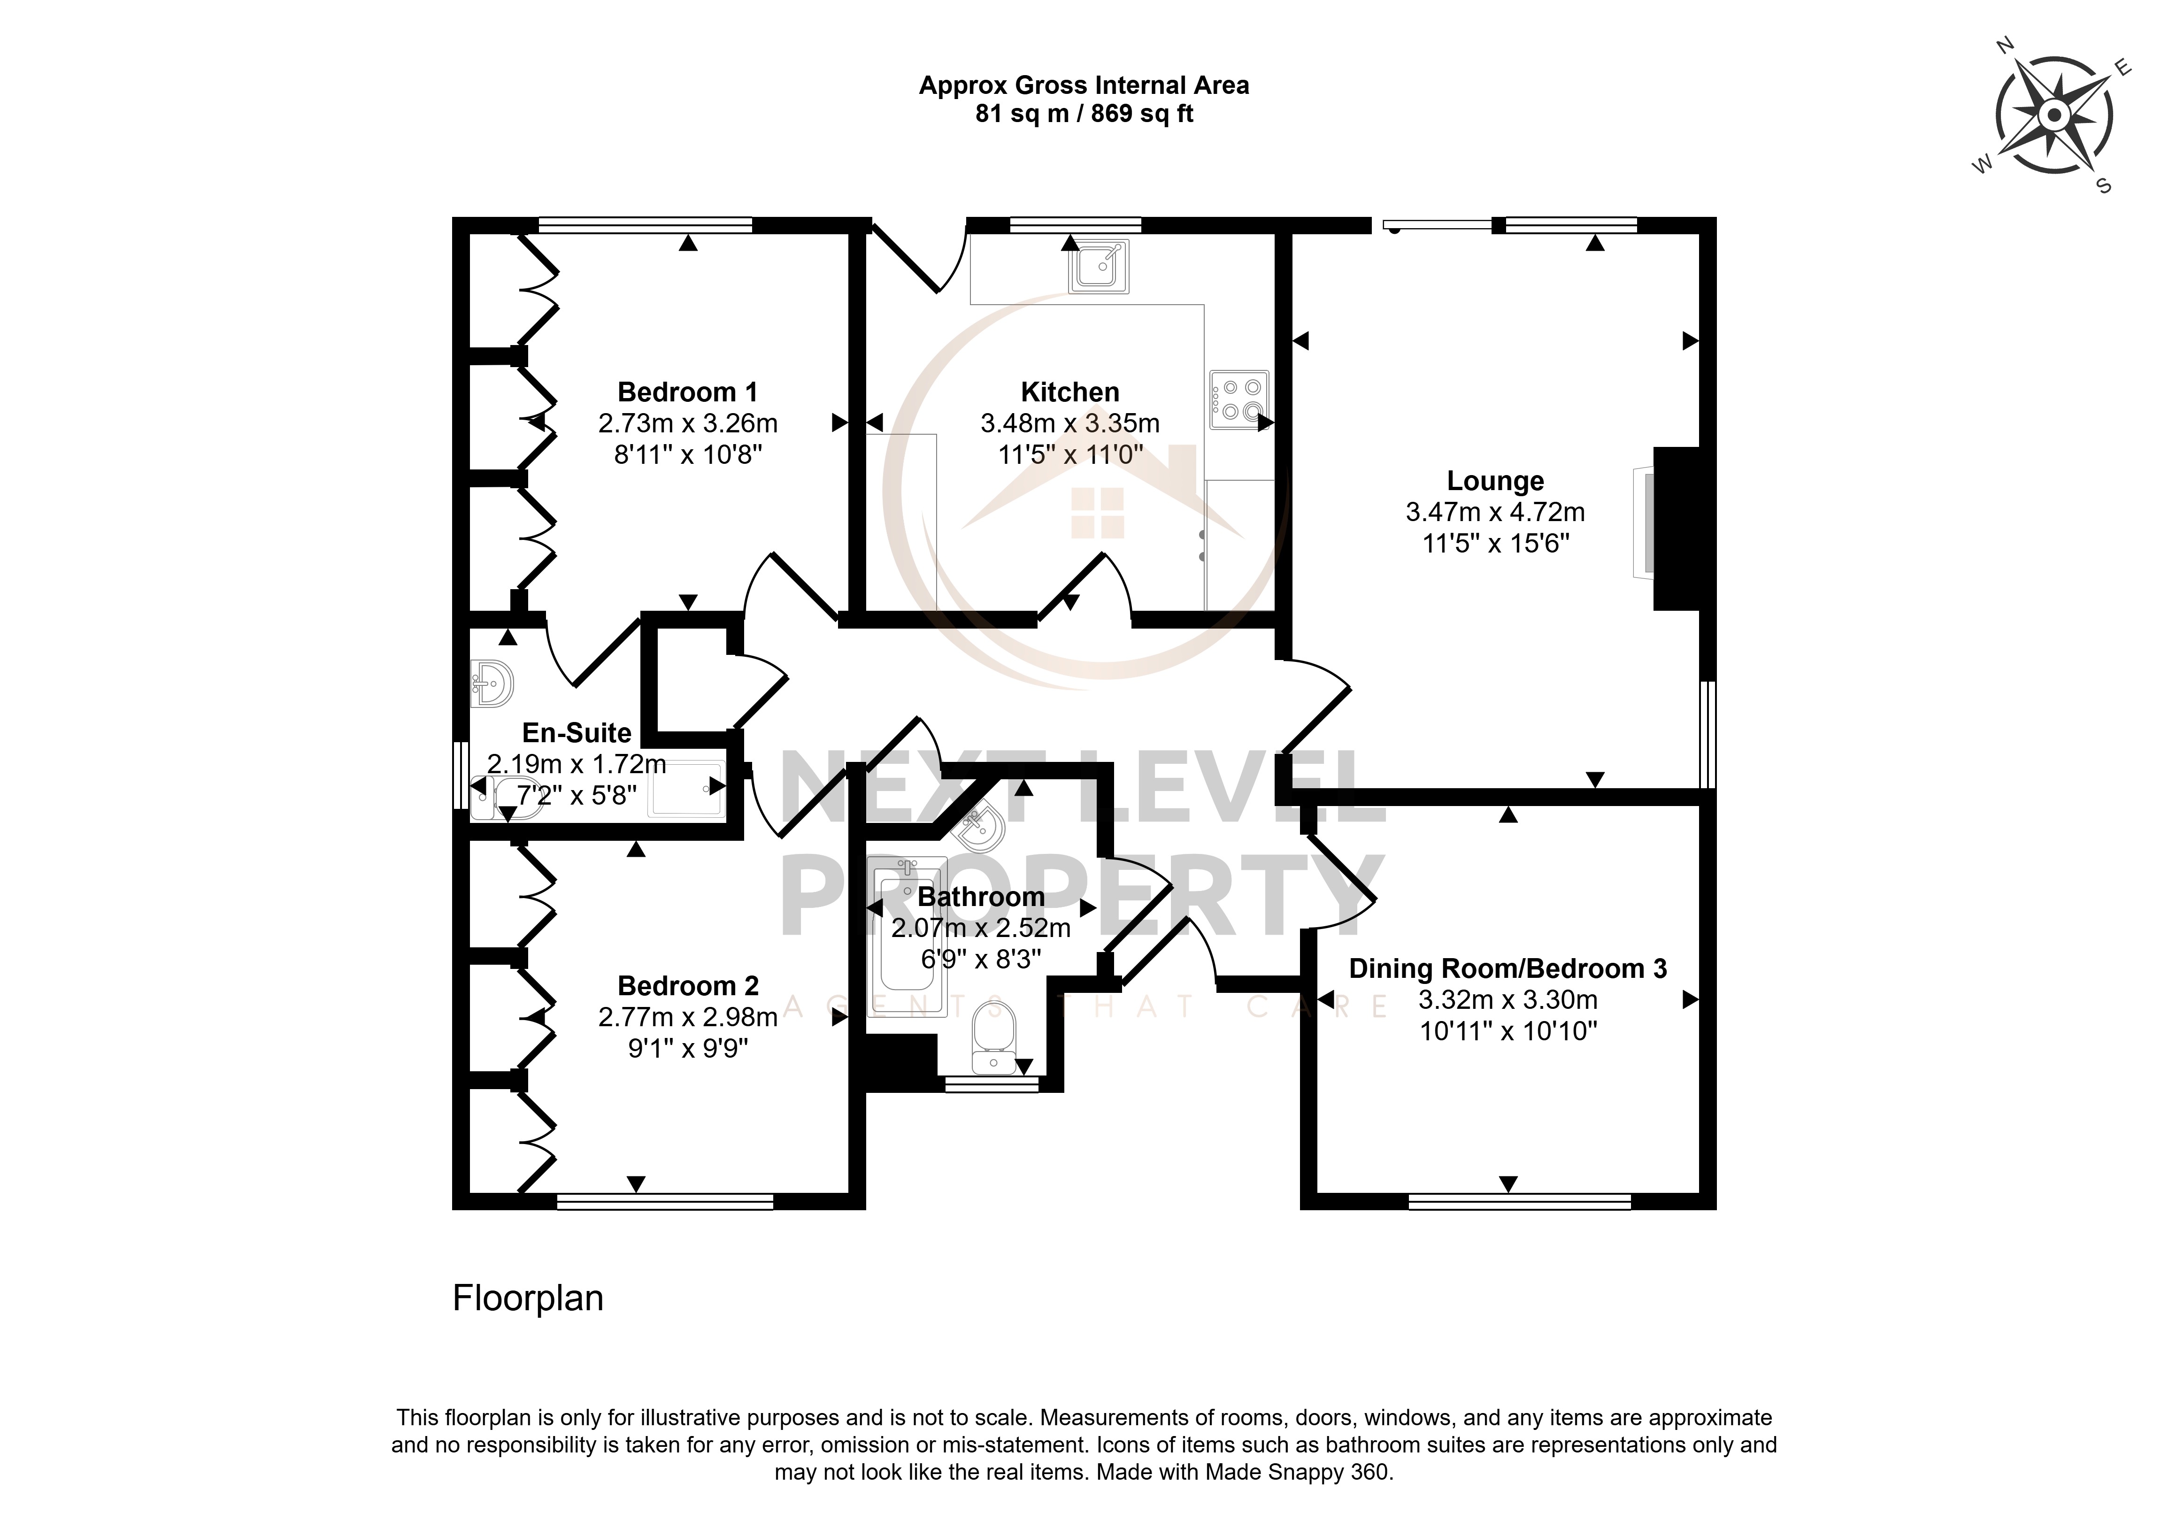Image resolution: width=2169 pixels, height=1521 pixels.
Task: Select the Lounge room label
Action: pos(1495,481)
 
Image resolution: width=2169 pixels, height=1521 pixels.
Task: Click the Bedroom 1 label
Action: pos(688,392)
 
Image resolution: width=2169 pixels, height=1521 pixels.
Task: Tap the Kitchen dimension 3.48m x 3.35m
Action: pos(1070,423)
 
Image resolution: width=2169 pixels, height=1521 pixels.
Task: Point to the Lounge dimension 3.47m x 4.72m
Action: pos(1495,512)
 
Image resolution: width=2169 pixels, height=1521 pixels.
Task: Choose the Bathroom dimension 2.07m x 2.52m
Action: pos(981,928)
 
